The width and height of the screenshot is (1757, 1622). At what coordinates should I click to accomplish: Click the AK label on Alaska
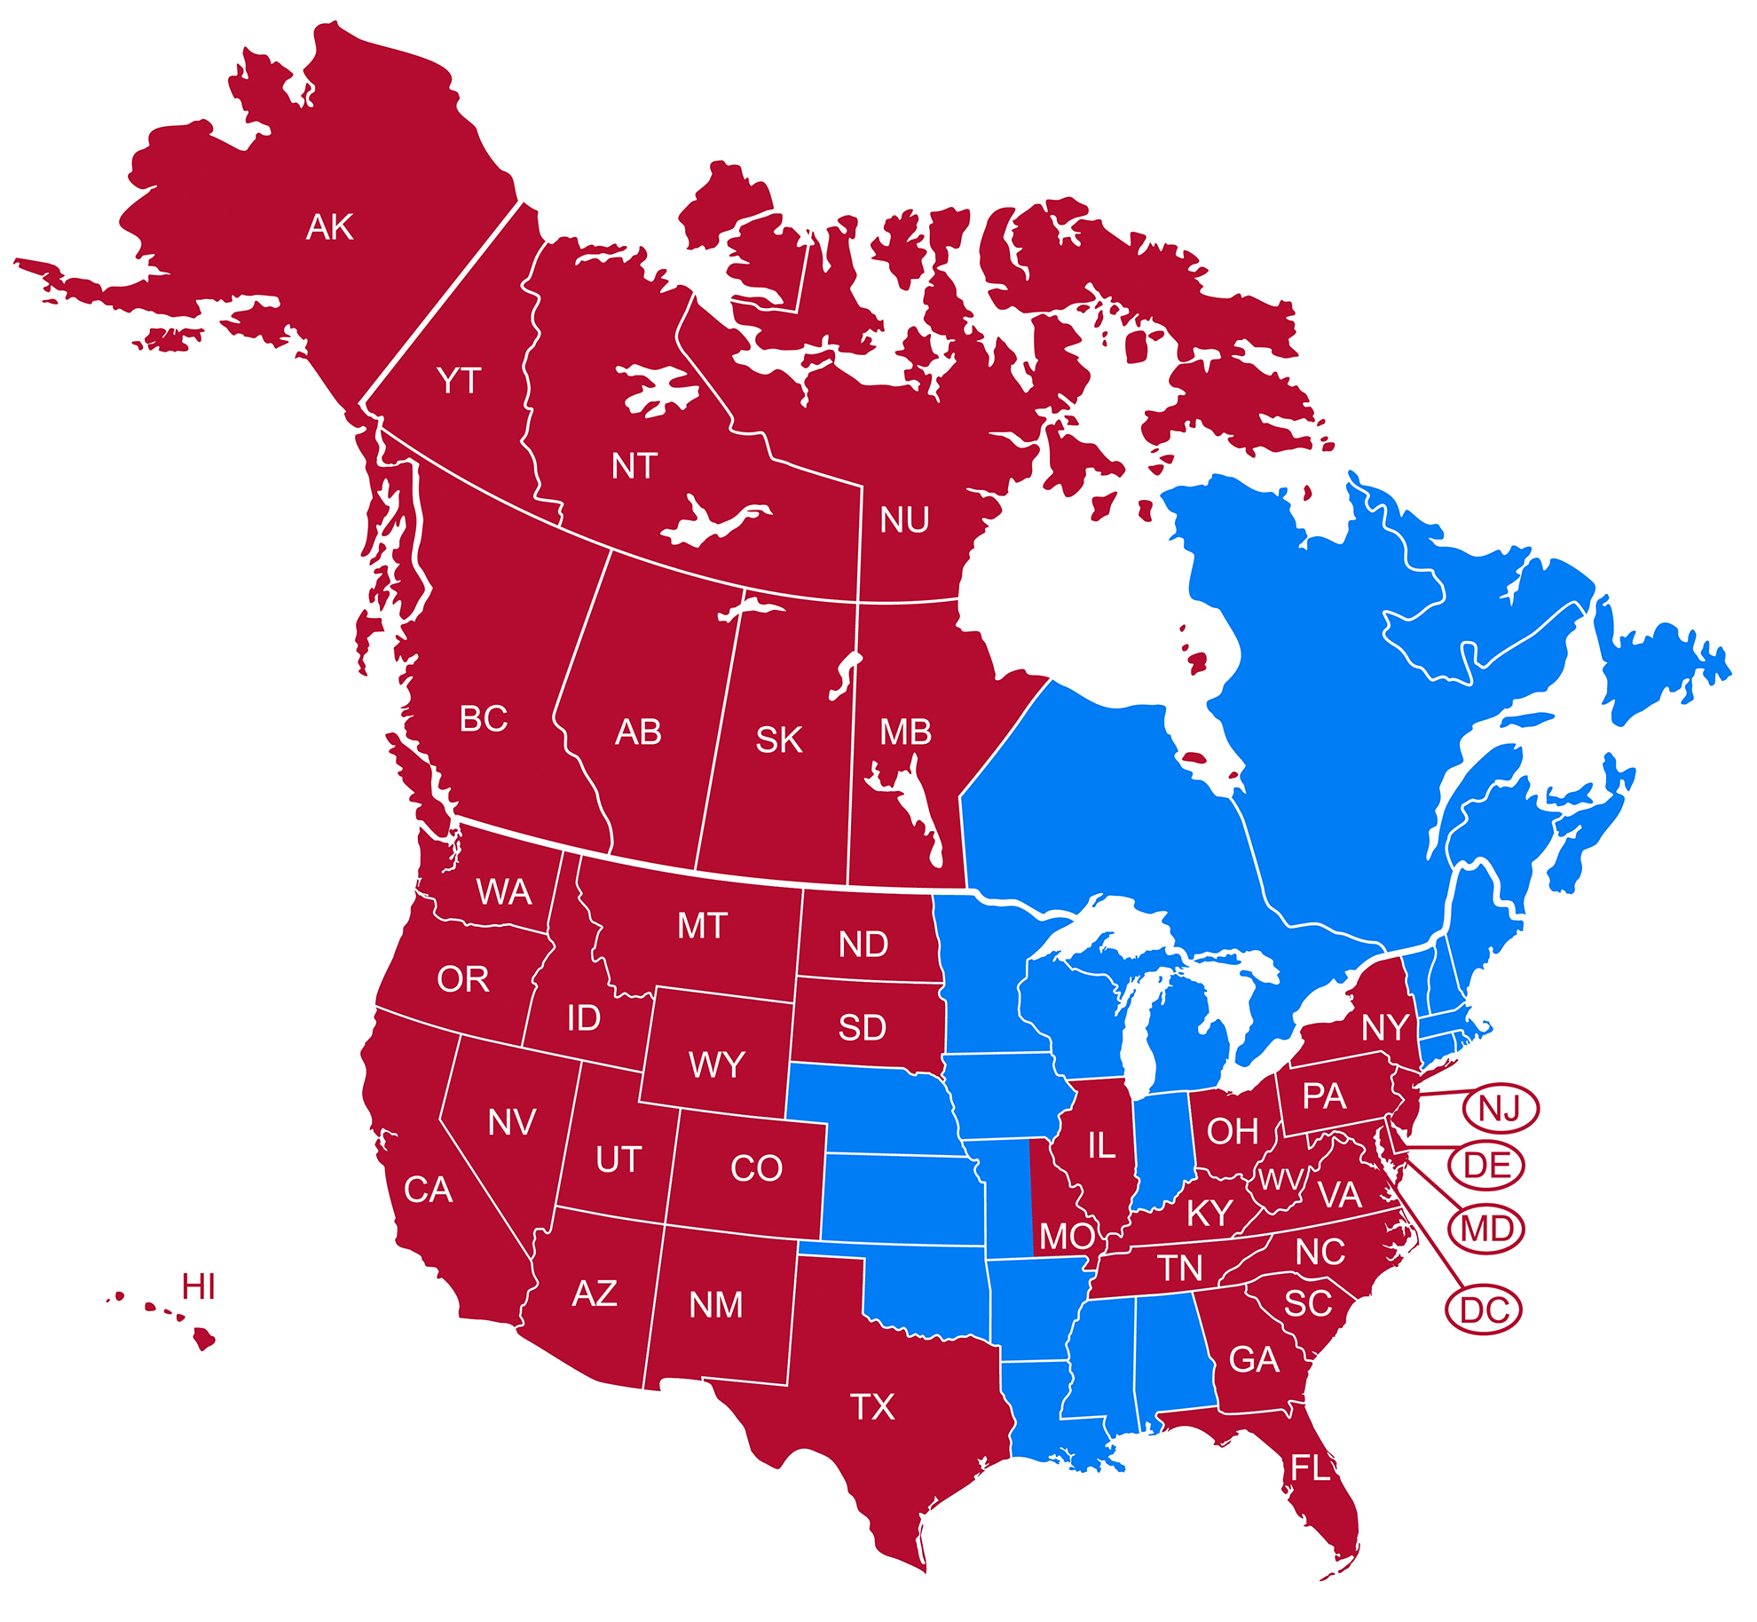(x=329, y=227)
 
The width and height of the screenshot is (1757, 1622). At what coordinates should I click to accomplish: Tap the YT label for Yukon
(x=458, y=381)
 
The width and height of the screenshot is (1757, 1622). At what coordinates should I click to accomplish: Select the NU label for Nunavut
(x=904, y=520)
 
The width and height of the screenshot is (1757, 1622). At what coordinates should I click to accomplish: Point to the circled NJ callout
(x=1500, y=1109)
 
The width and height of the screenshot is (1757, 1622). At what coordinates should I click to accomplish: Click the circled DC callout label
(x=1484, y=1309)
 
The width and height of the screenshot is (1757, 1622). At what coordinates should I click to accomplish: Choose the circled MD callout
(x=1486, y=1230)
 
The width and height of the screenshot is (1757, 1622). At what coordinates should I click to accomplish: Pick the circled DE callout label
(x=1486, y=1166)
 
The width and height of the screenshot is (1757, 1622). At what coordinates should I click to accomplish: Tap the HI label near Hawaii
(x=198, y=1286)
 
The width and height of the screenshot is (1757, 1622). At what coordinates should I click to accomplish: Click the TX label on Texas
(x=872, y=1407)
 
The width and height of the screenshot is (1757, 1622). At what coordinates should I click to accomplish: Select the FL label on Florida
(x=1311, y=1468)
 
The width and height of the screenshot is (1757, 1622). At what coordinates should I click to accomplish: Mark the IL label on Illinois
(x=1101, y=1146)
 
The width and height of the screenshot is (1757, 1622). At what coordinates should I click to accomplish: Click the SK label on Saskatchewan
(x=779, y=740)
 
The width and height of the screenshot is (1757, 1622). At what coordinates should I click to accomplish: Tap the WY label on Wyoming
(x=716, y=1064)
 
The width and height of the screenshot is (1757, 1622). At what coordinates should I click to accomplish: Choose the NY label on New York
(x=1384, y=1028)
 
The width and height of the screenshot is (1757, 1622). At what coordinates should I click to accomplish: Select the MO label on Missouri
(x=1068, y=1236)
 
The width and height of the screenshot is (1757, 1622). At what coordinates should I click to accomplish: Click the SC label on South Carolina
(x=1308, y=1303)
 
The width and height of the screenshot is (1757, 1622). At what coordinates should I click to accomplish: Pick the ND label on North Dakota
(x=863, y=945)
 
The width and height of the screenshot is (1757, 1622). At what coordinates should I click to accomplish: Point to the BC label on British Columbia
(x=484, y=719)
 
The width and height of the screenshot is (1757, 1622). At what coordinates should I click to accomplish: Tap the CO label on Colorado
(x=756, y=1168)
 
